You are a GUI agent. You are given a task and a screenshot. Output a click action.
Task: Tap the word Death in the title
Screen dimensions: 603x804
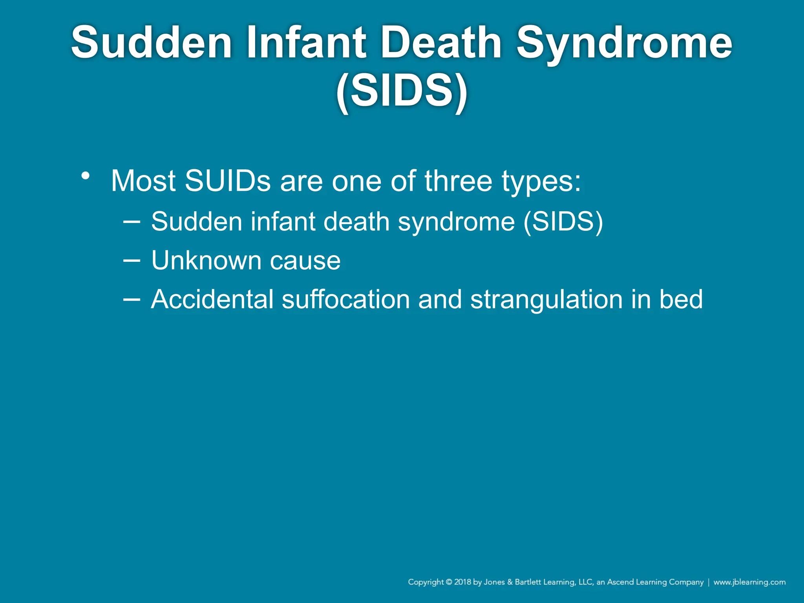pos(441,42)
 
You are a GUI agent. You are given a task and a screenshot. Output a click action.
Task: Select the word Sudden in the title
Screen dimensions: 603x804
pos(152,42)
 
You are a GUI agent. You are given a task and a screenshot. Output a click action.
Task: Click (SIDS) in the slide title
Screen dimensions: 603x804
pos(402,91)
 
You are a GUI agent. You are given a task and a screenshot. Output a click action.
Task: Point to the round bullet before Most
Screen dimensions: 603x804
pos(85,175)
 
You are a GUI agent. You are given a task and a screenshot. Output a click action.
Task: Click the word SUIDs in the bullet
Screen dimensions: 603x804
pos(228,181)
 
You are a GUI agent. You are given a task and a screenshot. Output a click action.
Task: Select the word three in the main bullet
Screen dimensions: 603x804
pos(458,181)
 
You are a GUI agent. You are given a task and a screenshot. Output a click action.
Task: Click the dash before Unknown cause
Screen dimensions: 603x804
pos(132,260)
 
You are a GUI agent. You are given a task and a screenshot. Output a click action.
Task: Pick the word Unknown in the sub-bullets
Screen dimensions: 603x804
pos(206,260)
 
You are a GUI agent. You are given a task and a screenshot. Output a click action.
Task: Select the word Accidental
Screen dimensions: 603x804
pos(212,300)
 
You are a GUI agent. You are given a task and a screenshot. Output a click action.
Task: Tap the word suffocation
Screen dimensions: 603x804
pos(345,300)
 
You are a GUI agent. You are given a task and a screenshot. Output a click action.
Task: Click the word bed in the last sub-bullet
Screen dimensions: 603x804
pos(681,300)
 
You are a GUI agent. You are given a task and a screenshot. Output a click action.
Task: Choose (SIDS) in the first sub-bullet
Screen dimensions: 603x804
pos(563,222)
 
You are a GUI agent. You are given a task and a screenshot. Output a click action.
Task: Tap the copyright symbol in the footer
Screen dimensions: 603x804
pos(449,582)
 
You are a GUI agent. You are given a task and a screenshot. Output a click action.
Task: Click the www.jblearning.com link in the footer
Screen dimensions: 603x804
pos(749,582)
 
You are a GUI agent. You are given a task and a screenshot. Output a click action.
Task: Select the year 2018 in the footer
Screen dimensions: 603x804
pos(463,582)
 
